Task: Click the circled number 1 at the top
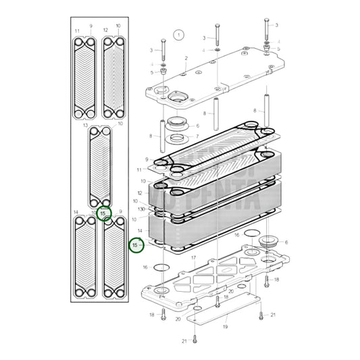[178, 34]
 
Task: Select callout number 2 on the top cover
[186, 59]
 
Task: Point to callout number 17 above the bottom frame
[194, 257]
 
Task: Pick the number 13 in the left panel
[85, 126]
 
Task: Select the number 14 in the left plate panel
[76, 213]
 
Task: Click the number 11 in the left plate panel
[77, 31]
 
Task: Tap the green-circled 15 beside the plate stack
[136, 245]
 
